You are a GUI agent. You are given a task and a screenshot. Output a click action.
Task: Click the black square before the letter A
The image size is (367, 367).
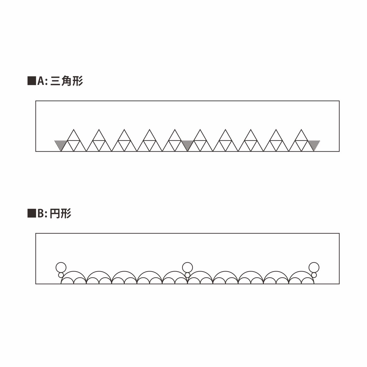point(32,81)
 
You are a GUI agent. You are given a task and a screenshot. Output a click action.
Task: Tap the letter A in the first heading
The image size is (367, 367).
point(41,81)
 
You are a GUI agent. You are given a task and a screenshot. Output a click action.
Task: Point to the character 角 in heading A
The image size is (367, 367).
point(66,81)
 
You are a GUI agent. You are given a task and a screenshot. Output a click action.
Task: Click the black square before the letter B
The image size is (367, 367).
point(32,214)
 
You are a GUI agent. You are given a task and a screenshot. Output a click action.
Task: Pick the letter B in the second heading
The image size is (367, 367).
point(41,214)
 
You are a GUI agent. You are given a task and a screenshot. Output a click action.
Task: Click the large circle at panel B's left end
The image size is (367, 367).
point(61,267)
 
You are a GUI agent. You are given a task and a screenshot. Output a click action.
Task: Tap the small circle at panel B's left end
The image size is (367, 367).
point(61,275)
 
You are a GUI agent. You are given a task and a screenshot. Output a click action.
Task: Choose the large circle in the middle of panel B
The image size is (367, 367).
point(188,267)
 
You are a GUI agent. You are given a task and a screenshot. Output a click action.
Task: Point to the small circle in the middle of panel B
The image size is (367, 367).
point(188,275)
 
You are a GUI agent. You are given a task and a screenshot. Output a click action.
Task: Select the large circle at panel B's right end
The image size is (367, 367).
point(314,267)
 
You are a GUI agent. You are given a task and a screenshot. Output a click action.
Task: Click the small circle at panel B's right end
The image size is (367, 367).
point(314,275)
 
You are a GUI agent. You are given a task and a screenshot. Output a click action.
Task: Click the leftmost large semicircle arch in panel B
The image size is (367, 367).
point(74,275)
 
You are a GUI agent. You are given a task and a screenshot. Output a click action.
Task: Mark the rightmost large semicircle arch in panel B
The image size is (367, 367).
point(301,275)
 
